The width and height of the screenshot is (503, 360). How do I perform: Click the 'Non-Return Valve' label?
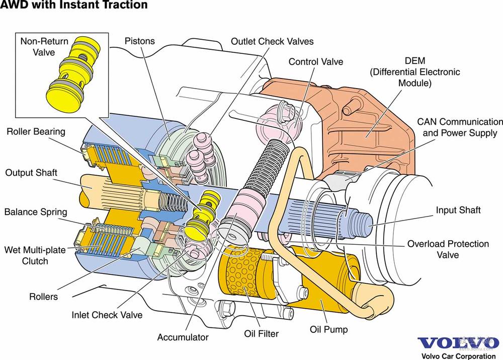click(44, 46)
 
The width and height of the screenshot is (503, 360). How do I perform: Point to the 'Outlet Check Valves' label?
click(272, 41)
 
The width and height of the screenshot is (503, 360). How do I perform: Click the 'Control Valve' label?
click(316, 62)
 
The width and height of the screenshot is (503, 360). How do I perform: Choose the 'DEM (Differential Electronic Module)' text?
click(415, 72)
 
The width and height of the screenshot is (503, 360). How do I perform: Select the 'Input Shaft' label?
click(458, 210)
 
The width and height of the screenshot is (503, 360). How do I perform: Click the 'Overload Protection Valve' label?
click(448, 249)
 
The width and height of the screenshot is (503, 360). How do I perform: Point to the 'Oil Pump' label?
click(328, 330)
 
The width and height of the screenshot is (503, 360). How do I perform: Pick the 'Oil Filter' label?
click(261, 333)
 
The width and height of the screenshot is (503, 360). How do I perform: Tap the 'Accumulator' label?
click(183, 337)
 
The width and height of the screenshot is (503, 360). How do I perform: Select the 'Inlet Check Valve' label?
click(107, 315)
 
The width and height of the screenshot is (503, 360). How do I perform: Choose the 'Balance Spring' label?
click(36, 211)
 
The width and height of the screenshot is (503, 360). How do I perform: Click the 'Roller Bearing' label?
click(36, 132)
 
